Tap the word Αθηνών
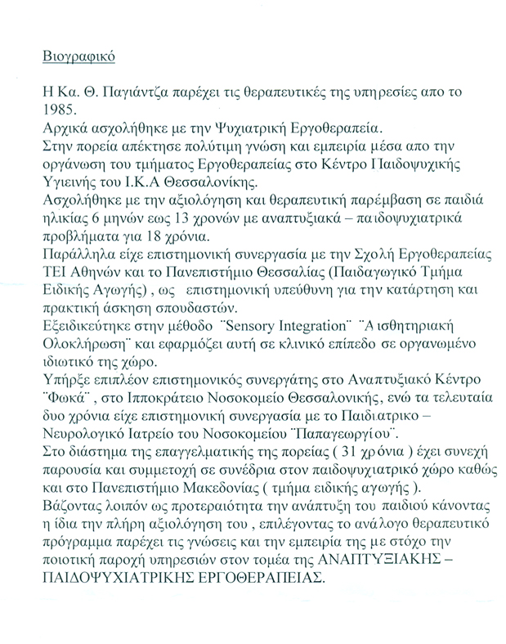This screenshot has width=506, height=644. (x=93, y=292)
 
